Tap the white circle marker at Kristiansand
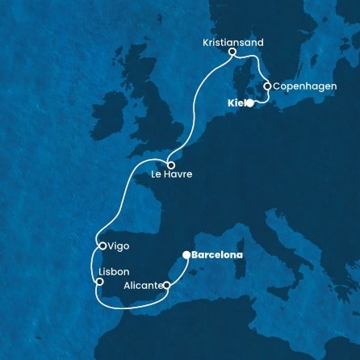[x=232, y=53]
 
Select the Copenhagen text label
[x=300, y=86]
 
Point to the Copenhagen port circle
[x=267, y=85]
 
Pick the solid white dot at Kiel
[x=250, y=103]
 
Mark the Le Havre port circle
[x=171, y=165]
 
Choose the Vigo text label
[x=119, y=245]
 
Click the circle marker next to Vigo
[x=101, y=245]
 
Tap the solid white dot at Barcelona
[x=186, y=255]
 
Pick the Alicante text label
[x=137, y=285]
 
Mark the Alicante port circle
[x=166, y=285]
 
